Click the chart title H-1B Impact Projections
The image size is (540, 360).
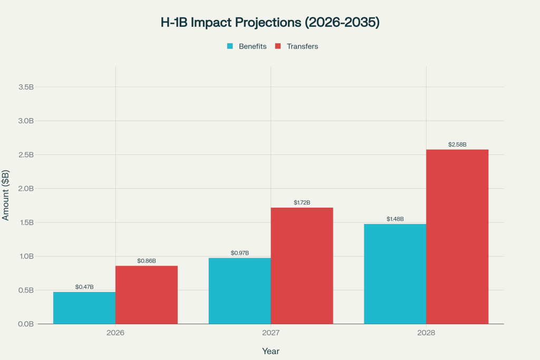pyautogui.click(x=270, y=23)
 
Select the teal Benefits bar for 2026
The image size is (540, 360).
pyautogui.click(x=84, y=308)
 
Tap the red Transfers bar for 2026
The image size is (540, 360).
pyautogui.click(x=147, y=295)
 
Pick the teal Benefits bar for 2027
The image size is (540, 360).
pyautogui.click(x=239, y=290)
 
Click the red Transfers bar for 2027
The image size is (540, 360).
pyautogui.click(x=302, y=266)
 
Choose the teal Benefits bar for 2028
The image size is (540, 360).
pyautogui.click(x=395, y=274)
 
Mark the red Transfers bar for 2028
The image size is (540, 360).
pyautogui.click(x=457, y=237)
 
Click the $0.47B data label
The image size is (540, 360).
pyautogui.click(x=84, y=287)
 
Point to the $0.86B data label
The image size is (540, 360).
pyautogui.click(x=147, y=260)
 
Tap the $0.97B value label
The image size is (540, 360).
pyautogui.click(x=239, y=253)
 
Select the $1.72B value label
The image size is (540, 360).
pyautogui.click(x=302, y=202)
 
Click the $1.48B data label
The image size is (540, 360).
pyautogui.click(x=395, y=219)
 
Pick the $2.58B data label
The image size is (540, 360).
pyautogui.click(x=457, y=144)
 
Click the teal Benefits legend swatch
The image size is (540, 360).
pyautogui.click(x=230, y=46)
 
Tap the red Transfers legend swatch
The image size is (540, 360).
pyautogui.click(x=278, y=46)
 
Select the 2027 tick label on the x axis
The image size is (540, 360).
pyautogui.click(x=271, y=334)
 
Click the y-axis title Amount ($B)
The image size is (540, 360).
pyautogui.click(x=6, y=196)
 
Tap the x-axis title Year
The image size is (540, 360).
pyautogui.click(x=271, y=351)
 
